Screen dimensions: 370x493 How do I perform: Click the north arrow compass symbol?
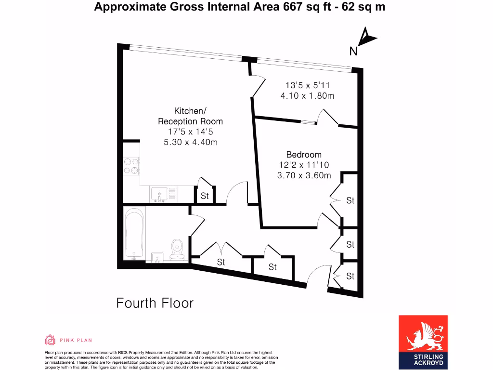click(366, 39)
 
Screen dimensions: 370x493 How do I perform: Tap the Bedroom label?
click(304, 155)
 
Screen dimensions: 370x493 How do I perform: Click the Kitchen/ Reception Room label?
click(190, 116)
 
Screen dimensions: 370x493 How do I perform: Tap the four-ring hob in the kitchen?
click(131, 166)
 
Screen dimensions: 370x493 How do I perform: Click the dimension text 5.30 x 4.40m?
click(191, 142)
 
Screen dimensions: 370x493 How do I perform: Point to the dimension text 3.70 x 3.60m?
click(304, 176)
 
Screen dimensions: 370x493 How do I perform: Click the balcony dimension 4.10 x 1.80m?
click(307, 96)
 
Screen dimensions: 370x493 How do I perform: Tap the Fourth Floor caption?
click(155, 303)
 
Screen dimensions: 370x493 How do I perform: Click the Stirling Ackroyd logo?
click(423, 341)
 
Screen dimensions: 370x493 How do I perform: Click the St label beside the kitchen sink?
click(205, 196)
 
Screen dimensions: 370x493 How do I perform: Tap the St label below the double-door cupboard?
click(221, 263)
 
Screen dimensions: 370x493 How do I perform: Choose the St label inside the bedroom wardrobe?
click(350, 200)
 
